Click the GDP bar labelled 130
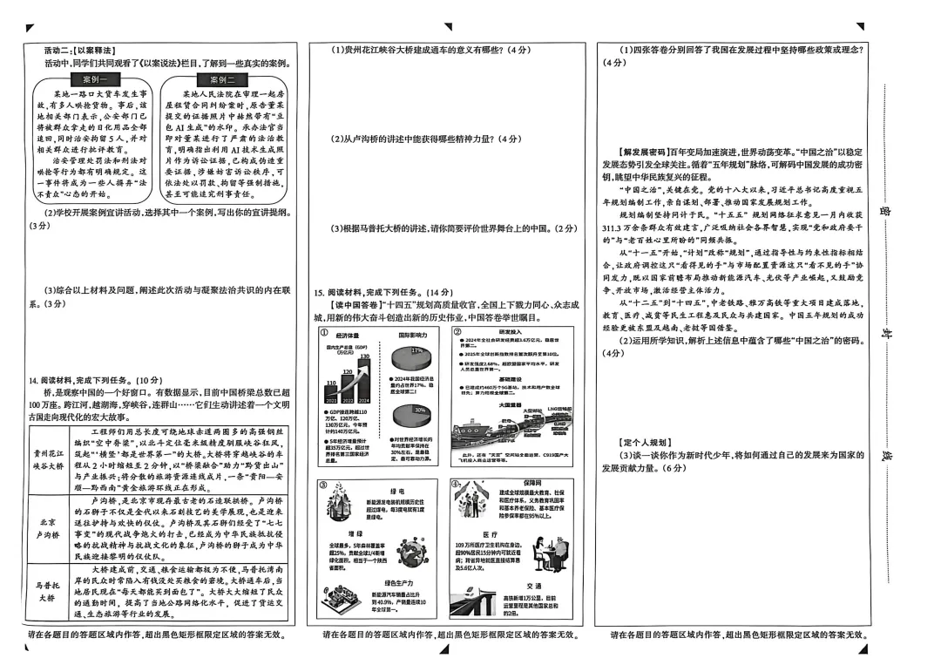(x=364, y=373)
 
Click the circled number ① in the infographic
(x=323, y=333)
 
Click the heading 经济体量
(x=348, y=335)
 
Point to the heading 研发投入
(x=511, y=332)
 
